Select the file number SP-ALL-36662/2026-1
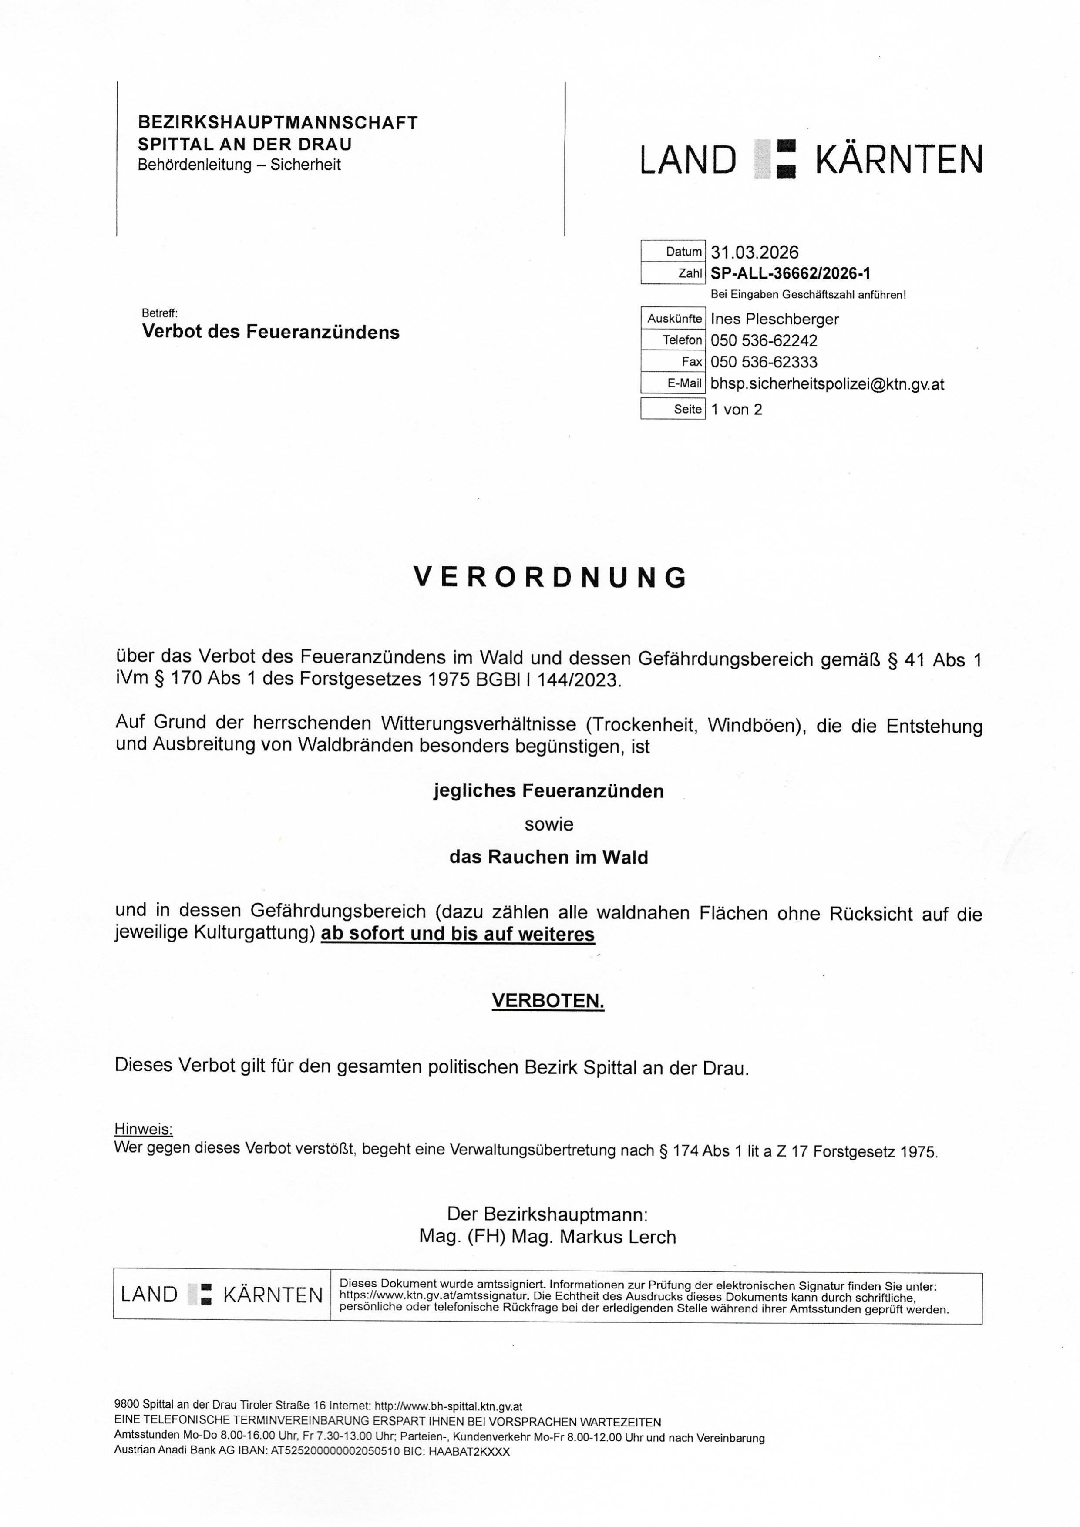[790, 273]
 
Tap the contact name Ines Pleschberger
[774, 319]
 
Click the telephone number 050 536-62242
[764, 340]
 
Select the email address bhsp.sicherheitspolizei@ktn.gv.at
[827, 384]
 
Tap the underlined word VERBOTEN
[548, 1001]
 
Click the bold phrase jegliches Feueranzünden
[548, 791]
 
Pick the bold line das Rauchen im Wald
[548, 857]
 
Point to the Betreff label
[160, 313]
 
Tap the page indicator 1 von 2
[736, 409]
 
